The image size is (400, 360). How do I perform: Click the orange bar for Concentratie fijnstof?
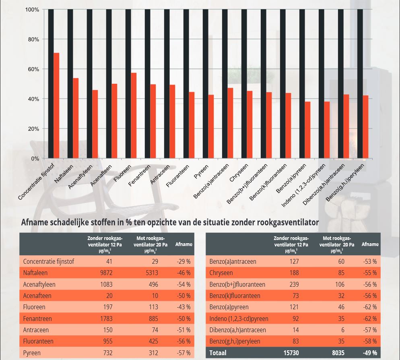pos(56,106)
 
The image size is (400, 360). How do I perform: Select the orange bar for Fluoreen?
pos(134,116)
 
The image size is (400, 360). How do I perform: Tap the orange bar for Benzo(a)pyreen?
pos(307,130)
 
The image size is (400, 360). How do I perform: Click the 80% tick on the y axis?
pos(33,39)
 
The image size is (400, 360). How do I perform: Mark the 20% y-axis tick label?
pos(33,129)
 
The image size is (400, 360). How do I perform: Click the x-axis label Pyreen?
pos(201,171)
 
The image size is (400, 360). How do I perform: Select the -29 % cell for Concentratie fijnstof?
pos(184,261)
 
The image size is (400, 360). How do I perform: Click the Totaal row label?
pos(218,353)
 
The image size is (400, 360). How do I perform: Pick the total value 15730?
pos(291,353)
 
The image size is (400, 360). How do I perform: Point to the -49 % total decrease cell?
pos(369,353)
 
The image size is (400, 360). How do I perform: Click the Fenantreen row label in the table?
pos(37,319)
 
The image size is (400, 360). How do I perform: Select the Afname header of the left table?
pos(184,244)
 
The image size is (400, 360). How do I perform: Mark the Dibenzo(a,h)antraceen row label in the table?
pos(237,330)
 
